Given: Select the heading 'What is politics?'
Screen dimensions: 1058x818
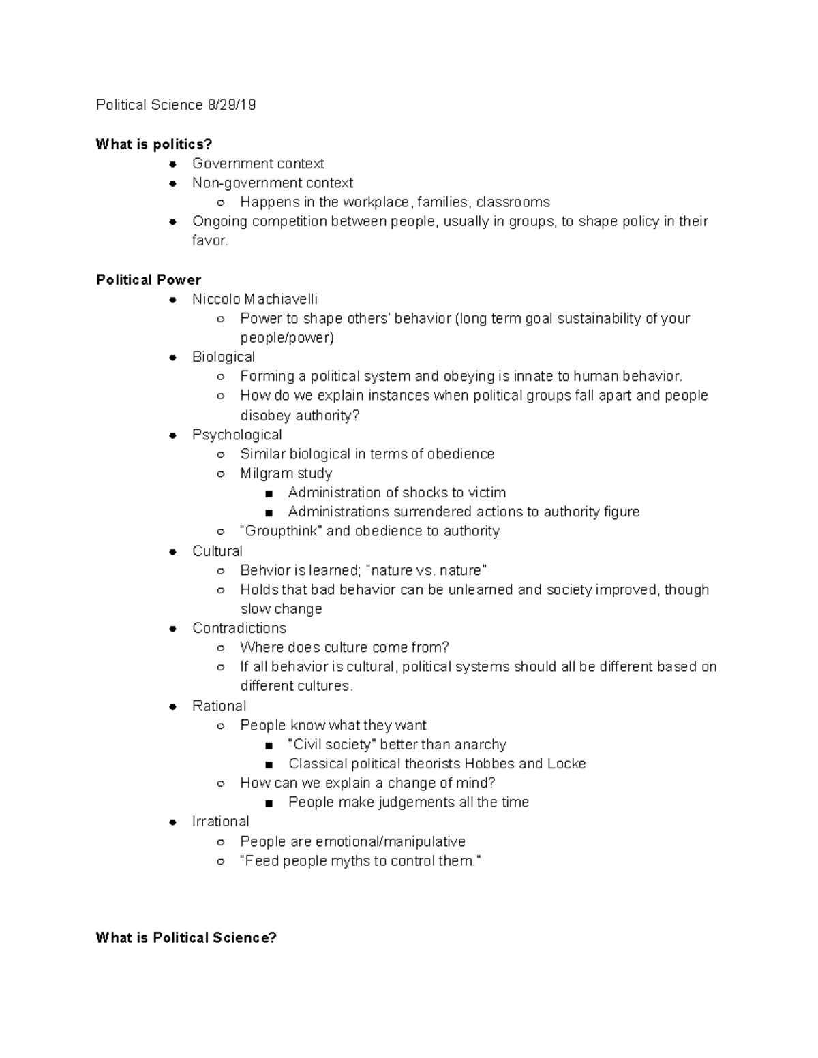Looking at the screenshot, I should pyautogui.click(x=154, y=144).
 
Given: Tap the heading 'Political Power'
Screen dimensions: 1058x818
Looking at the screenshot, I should pyautogui.click(x=149, y=280).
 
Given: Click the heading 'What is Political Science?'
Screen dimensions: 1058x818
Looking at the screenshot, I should pyautogui.click(x=186, y=938).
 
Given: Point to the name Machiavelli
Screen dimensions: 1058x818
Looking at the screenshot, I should pyautogui.click(x=281, y=299).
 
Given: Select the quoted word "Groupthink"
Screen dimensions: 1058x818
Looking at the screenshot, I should pyautogui.click(x=282, y=531).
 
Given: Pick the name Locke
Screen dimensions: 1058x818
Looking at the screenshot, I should pyautogui.click(x=566, y=764).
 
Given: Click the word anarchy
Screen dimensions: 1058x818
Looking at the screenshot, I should pyautogui.click(x=481, y=745).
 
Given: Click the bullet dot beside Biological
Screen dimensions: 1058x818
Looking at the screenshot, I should pyautogui.click(x=174, y=357).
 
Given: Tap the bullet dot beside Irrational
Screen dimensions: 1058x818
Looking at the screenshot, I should pyautogui.click(x=174, y=822).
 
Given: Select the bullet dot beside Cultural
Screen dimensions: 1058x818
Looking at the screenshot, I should pyautogui.click(x=174, y=551).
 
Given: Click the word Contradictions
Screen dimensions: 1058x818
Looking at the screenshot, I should pyautogui.click(x=239, y=628).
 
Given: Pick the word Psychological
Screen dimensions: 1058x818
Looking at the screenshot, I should pyautogui.click(x=237, y=435).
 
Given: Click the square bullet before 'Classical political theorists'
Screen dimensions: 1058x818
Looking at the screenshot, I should pyautogui.click(x=270, y=764).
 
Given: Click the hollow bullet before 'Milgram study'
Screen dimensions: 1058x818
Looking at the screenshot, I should pyautogui.click(x=220, y=473).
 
